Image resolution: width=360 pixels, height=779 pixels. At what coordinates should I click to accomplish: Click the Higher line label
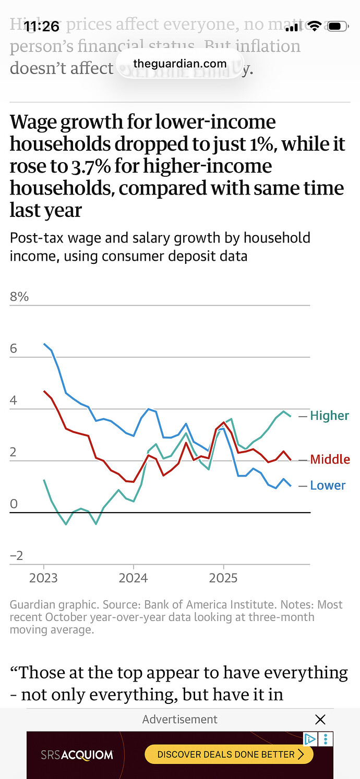pyautogui.click(x=329, y=416)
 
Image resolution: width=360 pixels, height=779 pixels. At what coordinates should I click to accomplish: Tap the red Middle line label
pyautogui.click(x=330, y=459)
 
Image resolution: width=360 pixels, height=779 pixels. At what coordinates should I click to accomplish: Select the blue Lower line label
pyautogui.click(x=328, y=485)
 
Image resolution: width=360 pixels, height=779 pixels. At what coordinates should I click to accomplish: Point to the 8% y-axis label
pyautogui.click(x=19, y=297)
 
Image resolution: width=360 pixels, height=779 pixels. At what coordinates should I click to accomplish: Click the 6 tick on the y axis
pyautogui.click(x=14, y=348)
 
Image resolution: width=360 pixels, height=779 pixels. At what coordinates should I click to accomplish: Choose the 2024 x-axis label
pyautogui.click(x=134, y=578)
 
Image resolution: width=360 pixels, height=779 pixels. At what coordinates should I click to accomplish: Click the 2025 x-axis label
pyautogui.click(x=223, y=578)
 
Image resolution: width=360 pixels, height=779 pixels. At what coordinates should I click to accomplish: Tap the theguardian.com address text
pyautogui.click(x=180, y=64)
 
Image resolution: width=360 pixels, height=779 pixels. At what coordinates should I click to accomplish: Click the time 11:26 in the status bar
pyautogui.click(x=42, y=26)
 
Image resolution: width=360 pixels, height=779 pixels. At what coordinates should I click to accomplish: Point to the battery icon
pyautogui.click(x=335, y=26)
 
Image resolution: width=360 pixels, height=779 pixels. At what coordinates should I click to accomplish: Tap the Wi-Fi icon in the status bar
pyautogui.click(x=314, y=26)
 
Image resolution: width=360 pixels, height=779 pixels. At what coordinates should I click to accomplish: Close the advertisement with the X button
pyautogui.click(x=320, y=720)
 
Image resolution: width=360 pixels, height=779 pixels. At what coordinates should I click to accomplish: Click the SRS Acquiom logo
pyautogui.click(x=77, y=754)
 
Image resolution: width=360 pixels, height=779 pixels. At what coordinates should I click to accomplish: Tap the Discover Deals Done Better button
pyautogui.click(x=229, y=754)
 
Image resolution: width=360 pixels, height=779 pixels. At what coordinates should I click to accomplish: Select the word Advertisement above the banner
pyautogui.click(x=180, y=720)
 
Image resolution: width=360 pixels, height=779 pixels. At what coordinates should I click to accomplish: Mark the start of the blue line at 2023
pyautogui.click(x=44, y=344)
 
